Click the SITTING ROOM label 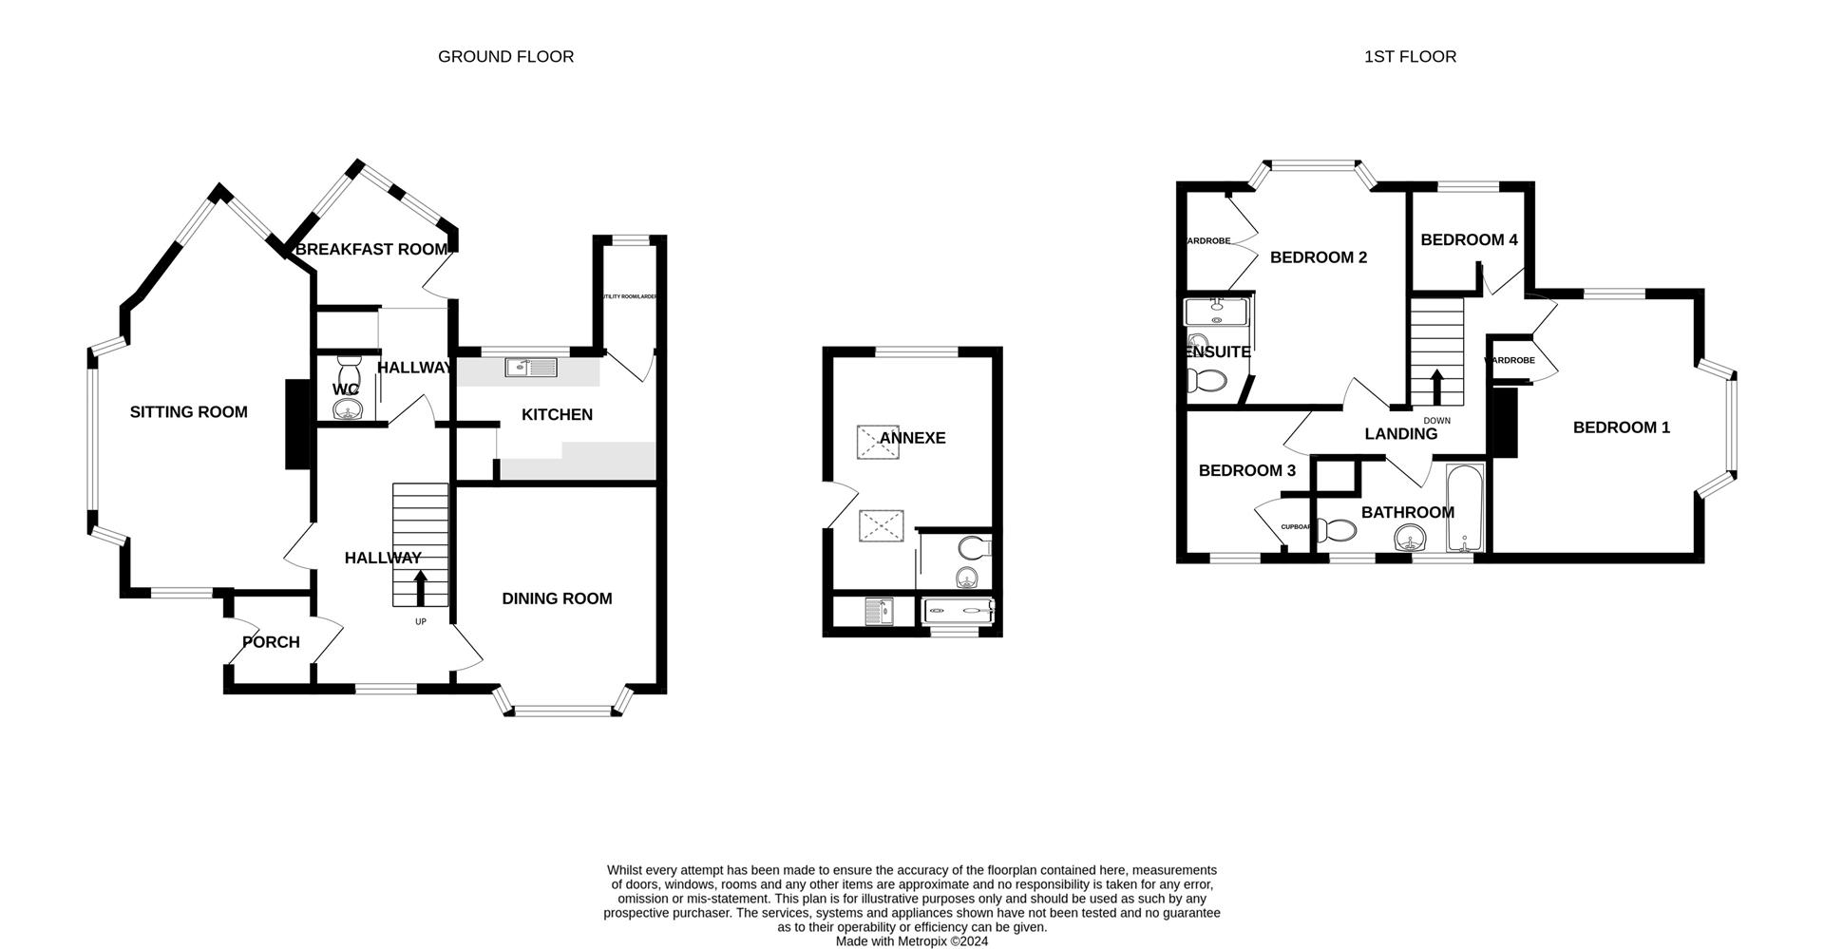(188, 411)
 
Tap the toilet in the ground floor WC (349, 370)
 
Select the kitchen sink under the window (532, 366)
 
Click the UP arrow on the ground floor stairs (420, 588)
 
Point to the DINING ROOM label (557, 598)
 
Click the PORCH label (271, 642)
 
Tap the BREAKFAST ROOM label (370, 250)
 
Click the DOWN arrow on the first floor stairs (1435, 388)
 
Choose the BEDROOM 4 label (1469, 240)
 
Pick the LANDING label (1400, 434)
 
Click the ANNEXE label (912, 438)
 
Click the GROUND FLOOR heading (505, 57)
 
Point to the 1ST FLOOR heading (1410, 57)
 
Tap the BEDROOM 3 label (1246, 471)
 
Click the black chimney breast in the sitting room (296, 424)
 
